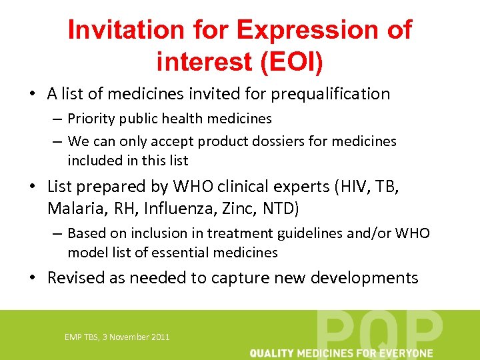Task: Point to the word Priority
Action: (90, 119)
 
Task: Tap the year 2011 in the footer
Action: (161, 337)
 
